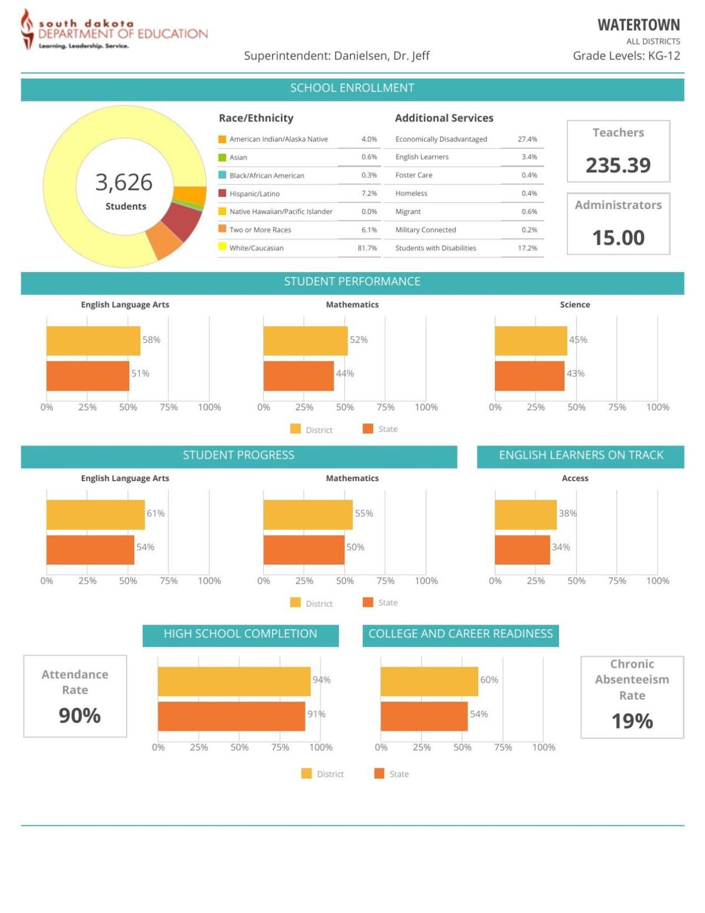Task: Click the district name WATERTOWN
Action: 638,25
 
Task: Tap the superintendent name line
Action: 337,56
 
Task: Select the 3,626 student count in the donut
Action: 124,182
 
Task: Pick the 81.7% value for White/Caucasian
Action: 367,248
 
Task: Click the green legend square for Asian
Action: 222,157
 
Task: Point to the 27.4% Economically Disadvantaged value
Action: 527,139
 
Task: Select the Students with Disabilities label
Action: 435,248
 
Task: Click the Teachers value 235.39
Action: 618,165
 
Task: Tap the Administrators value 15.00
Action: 618,237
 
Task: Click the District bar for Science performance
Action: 531,341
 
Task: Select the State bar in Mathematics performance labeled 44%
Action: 298,376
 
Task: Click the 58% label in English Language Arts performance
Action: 151,340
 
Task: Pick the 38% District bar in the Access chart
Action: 525,515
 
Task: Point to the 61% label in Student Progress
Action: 156,513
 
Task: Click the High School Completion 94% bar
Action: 234,682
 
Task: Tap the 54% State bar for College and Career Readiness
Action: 424,716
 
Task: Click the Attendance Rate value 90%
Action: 79,716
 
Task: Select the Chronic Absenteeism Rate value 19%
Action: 632,721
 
